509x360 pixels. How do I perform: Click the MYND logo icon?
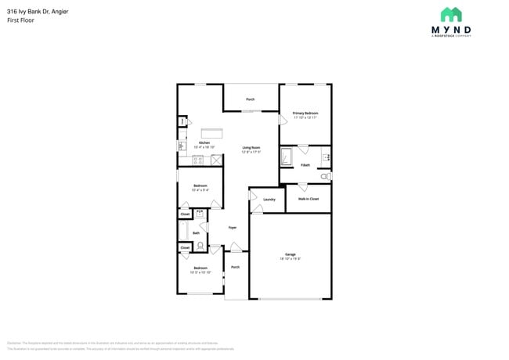(x=450, y=15)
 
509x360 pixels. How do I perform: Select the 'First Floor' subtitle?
(x=20, y=20)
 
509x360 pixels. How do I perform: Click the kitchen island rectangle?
(x=211, y=133)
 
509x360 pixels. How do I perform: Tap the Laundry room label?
(x=269, y=200)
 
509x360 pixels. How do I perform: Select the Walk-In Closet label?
(x=309, y=199)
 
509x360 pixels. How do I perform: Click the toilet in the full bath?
(x=325, y=177)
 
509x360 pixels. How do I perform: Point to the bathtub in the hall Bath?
(x=182, y=232)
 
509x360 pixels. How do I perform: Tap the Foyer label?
(x=233, y=228)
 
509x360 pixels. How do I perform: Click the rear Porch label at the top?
(x=251, y=99)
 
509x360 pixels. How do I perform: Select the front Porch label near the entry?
(x=235, y=267)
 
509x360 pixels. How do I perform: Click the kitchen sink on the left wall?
(x=182, y=144)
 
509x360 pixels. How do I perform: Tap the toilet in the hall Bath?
(x=200, y=246)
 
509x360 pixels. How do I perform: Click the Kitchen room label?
(x=204, y=144)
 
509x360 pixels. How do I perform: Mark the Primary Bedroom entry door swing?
(x=283, y=121)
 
